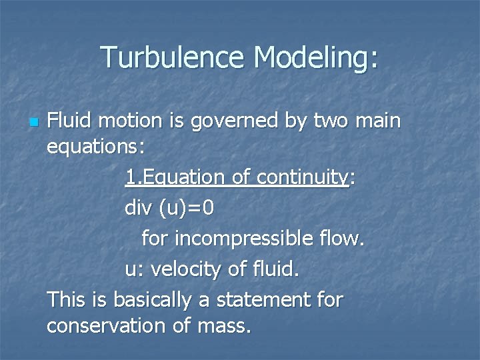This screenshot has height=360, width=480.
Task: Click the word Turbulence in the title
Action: tap(173, 57)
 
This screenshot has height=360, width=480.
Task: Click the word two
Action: tap(332, 121)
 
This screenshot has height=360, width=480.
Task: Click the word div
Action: tap(138, 209)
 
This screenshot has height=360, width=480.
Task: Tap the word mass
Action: tap(225, 326)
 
